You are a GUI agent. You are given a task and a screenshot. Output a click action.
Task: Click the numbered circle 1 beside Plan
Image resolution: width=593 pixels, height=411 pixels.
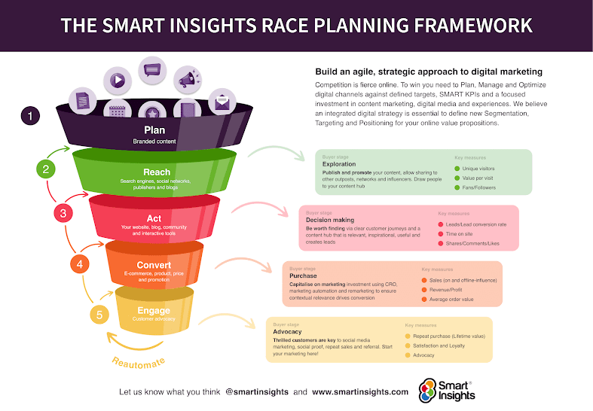click(30, 117)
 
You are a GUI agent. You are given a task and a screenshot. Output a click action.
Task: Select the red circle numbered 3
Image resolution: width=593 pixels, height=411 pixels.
click(63, 213)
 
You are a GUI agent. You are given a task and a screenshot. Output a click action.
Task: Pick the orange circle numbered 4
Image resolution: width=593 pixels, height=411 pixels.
click(80, 263)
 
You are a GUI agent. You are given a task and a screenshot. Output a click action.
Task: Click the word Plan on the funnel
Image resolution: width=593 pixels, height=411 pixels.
click(154, 130)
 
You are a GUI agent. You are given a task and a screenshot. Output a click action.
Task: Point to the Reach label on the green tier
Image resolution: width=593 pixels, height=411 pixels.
click(154, 172)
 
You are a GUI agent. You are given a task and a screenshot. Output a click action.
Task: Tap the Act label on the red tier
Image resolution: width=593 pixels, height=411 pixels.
click(154, 218)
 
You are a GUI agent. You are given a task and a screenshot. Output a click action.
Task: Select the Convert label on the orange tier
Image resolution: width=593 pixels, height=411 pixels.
click(154, 265)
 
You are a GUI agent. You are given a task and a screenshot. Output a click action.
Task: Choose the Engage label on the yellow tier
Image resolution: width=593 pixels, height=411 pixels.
click(154, 310)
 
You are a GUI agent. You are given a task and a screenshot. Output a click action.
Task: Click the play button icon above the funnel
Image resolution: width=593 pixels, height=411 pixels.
click(118, 78)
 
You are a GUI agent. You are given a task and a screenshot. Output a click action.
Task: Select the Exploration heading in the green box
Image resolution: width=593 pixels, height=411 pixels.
click(339, 163)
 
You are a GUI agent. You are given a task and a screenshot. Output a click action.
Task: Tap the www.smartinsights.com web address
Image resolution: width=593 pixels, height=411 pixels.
click(360, 391)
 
